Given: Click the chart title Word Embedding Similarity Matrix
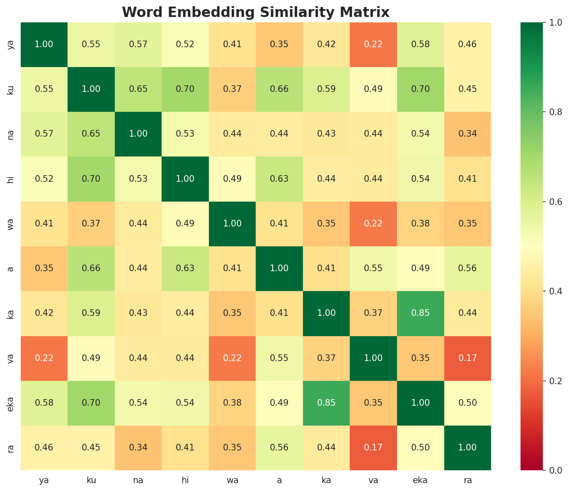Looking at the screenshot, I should (x=256, y=12).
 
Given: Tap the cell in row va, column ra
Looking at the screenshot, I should (x=467, y=358).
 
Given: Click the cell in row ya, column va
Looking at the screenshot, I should (x=373, y=44).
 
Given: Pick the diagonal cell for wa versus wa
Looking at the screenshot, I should (x=232, y=224).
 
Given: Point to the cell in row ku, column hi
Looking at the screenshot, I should (x=185, y=89).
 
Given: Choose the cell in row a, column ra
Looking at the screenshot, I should (x=467, y=268).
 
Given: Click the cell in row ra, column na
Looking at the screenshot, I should (x=138, y=448).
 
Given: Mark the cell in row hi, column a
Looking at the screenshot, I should (x=279, y=179).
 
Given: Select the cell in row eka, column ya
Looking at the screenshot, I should (x=44, y=403).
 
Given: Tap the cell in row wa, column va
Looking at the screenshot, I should (x=373, y=224).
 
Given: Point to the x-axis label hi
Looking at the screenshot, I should (x=185, y=480).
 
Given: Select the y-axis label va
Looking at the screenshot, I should (x=11, y=358).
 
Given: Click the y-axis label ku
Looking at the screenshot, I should (x=11, y=89).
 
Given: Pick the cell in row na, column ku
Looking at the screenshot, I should (x=91, y=134).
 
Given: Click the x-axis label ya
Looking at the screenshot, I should (x=44, y=480).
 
